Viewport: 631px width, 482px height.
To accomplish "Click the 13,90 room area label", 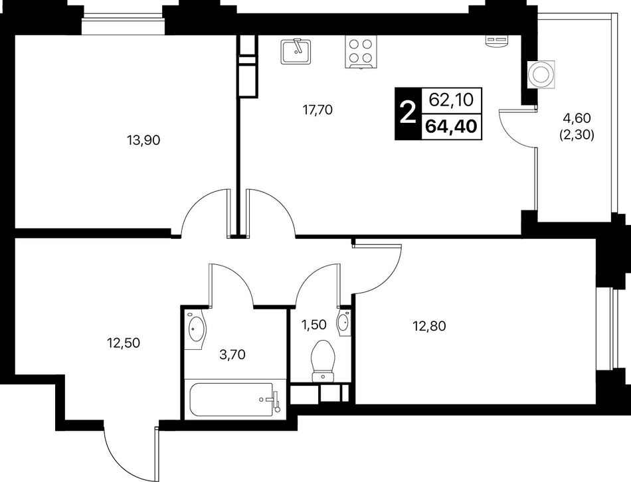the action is point(143,140).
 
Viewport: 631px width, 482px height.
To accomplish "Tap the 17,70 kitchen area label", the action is point(317,110).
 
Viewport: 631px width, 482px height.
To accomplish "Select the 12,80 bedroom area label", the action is point(429,325).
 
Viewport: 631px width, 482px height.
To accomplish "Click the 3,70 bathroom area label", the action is point(232,355).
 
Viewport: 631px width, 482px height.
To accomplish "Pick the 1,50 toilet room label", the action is point(314,324).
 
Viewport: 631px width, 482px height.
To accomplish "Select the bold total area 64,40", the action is point(451,126).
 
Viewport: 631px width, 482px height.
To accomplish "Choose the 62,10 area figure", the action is point(451,100).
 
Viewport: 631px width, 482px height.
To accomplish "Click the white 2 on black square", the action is point(408,114).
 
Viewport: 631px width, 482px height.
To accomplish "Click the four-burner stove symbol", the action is point(361,52).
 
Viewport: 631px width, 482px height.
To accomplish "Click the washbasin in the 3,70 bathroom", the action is point(196,329).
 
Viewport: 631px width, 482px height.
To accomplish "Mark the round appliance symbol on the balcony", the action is point(541,74).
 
